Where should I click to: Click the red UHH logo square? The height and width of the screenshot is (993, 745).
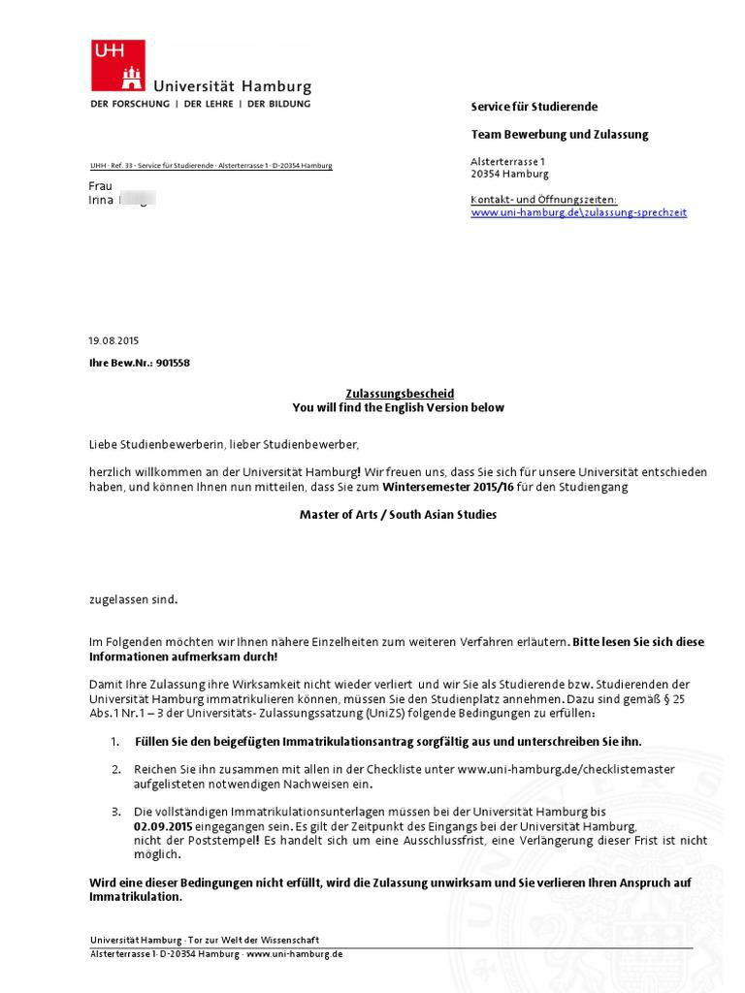pyautogui.click(x=117, y=65)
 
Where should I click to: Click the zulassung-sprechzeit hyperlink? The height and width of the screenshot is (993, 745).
pyautogui.click(x=578, y=212)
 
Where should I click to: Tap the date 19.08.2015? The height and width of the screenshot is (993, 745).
pyautogui.click(x=114, y=341)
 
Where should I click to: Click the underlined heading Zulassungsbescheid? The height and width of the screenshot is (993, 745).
pyautogui.click(x=400, y=394)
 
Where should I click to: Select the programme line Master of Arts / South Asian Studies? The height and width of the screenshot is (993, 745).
pyautogui.click(x=398, y=515)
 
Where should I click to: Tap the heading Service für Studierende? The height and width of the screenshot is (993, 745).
pyautogui.click(x=534, y=106)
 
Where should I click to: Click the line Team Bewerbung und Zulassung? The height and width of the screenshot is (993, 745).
pyautogui.click(x=560, y=134)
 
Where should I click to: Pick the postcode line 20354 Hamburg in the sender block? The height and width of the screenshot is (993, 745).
pyautogui.click(x=509, y=175)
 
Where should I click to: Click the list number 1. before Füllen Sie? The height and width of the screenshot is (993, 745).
pyautogui.click(x=114, y=742)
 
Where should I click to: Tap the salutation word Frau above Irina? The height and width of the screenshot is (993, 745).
pyautogui.click(x=101, y=185)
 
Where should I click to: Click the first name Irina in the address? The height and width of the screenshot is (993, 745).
pyautogui.click(x=101, y=201)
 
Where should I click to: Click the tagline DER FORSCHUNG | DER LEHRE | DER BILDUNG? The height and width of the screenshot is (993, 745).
pyautogui.click(x=201, y=104)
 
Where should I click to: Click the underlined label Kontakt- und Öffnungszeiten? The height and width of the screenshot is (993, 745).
pyautogui.click(x=543, y=200)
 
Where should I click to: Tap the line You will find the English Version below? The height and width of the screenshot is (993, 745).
pyautogui.click(x=398, y=408)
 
